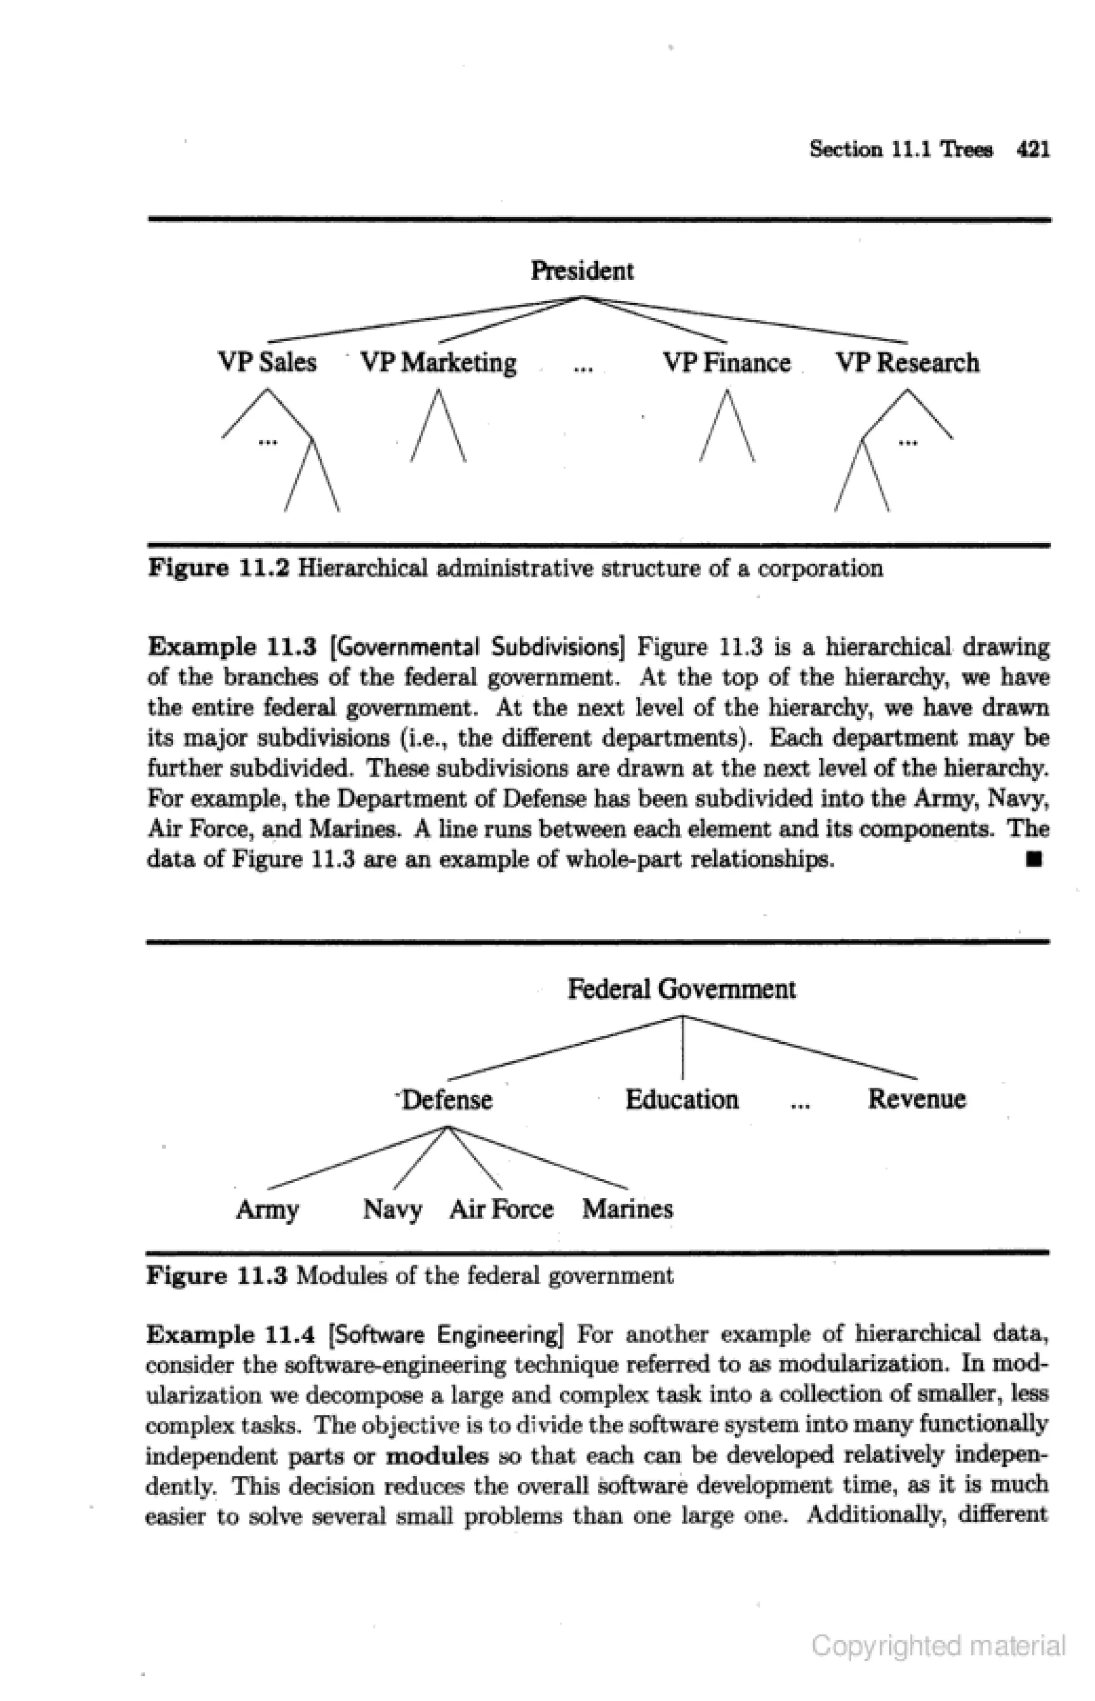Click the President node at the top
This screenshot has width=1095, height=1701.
(582, 271)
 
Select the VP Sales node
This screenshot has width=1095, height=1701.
(267, 363)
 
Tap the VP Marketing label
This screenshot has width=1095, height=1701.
(439, 363)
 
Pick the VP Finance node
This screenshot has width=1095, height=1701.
(727, 363)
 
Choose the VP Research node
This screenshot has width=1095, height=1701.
(907, 363)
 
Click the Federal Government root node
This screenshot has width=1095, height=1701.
(681, 989)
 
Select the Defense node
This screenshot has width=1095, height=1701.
(446, 1099)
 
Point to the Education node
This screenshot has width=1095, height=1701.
(681, 1099)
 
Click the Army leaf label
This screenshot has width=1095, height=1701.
(267, 1210)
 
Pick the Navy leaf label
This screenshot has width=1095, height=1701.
(392, 1210)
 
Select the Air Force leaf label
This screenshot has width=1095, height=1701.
(502, 1210)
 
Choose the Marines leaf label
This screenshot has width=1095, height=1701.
(627, 1210)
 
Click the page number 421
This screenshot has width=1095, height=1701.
(1033, 149)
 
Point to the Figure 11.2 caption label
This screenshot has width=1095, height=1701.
(218, 568)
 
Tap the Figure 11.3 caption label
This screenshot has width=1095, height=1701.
(217, 1276)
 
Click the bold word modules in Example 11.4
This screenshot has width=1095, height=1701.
(437, 1457)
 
